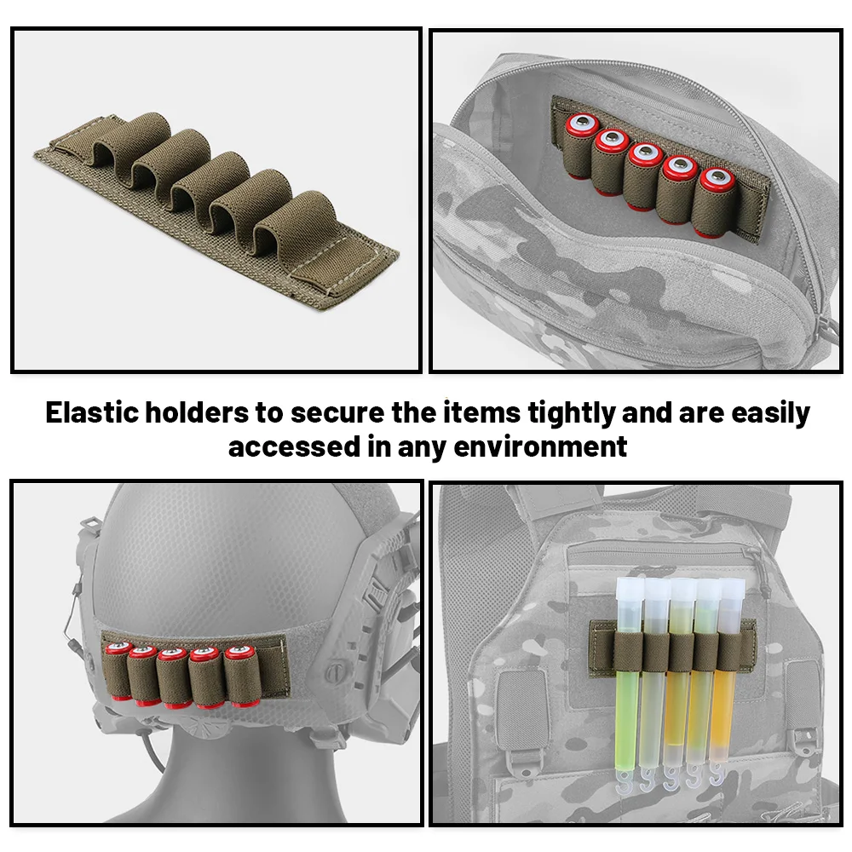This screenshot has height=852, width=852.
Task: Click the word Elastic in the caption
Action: pos(92,412)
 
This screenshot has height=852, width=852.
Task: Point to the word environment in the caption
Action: pos(540,446)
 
